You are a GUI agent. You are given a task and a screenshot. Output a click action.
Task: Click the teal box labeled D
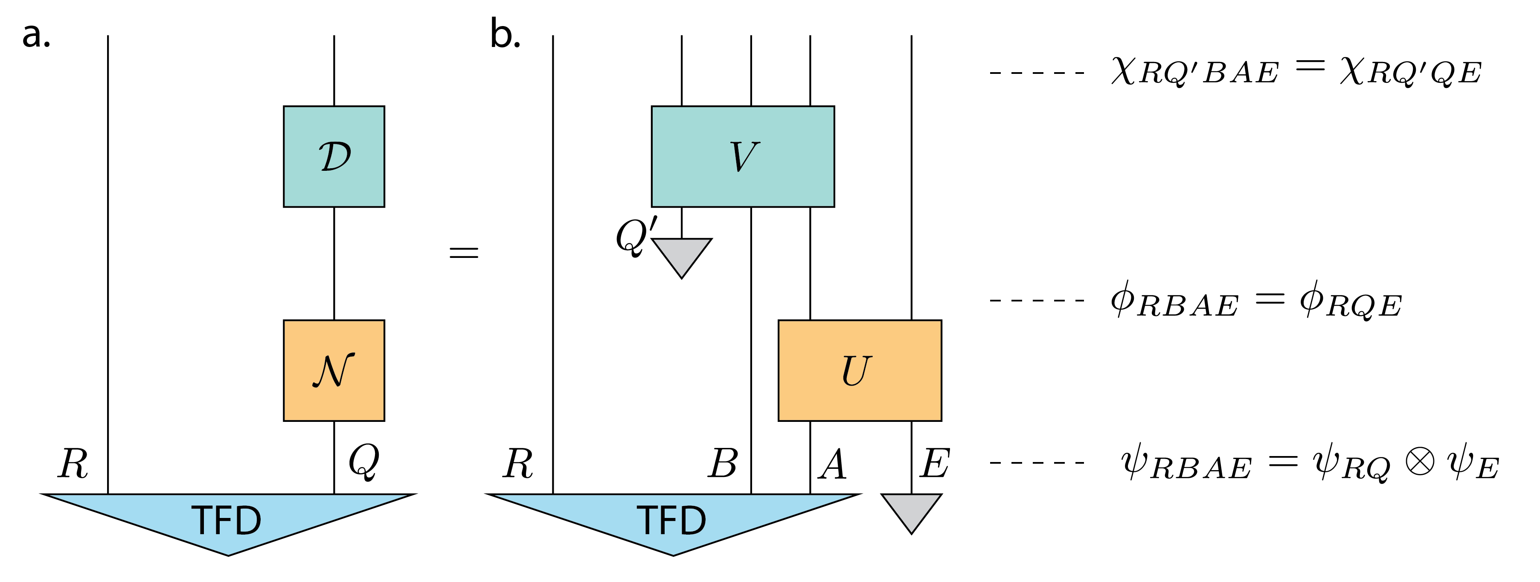coord(334,157)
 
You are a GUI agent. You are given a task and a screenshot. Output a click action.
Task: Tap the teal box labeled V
coord(743,157)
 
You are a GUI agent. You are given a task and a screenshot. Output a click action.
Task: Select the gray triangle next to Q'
coord(682,254)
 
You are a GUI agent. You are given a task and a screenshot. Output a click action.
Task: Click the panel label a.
coord(36,35)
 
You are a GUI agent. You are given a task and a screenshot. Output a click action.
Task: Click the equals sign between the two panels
coord(464,252)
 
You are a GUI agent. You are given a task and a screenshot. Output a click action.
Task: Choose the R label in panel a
coord(73,464)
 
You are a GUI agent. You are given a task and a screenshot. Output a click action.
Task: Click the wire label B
coord(723,464)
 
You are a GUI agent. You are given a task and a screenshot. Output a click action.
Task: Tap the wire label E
coord(935,464)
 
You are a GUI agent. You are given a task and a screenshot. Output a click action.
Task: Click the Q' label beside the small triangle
coord(635,236)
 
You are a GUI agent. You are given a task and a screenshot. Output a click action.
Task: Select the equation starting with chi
coord(1296,72)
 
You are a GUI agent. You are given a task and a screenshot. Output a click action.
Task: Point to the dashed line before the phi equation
coord(1037,300)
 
